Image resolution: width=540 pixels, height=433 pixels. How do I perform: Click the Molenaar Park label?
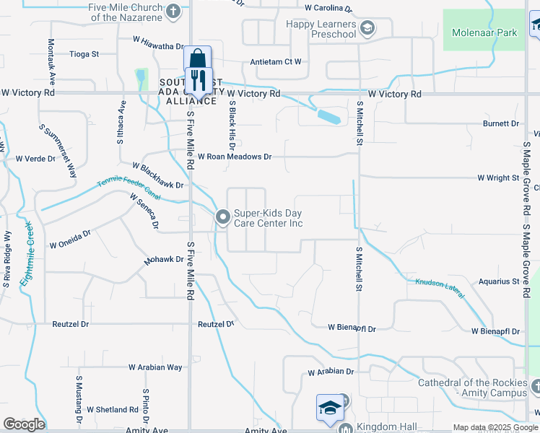tap(484, 32)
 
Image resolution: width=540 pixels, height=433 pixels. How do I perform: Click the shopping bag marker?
tap(196, 58)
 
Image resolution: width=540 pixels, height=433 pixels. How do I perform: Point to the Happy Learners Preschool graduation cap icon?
tap(367, 29)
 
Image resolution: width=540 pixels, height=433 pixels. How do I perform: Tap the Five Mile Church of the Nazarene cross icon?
tap(173, 11)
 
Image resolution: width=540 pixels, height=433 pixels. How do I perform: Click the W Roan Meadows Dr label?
tap(234, 157)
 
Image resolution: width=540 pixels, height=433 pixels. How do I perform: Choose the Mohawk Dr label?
tap(164, 260)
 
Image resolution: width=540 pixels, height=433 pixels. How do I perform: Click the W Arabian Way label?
tap(155, 367)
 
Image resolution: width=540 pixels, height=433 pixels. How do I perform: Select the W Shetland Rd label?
tap(113, 410)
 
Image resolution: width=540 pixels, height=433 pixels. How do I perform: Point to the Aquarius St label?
tap(499, 281)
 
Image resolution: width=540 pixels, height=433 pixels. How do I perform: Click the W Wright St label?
tap(498, 178)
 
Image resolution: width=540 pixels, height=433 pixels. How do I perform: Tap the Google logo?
tap(24, 424)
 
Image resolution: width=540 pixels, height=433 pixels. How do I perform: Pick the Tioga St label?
tap(84, 53)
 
